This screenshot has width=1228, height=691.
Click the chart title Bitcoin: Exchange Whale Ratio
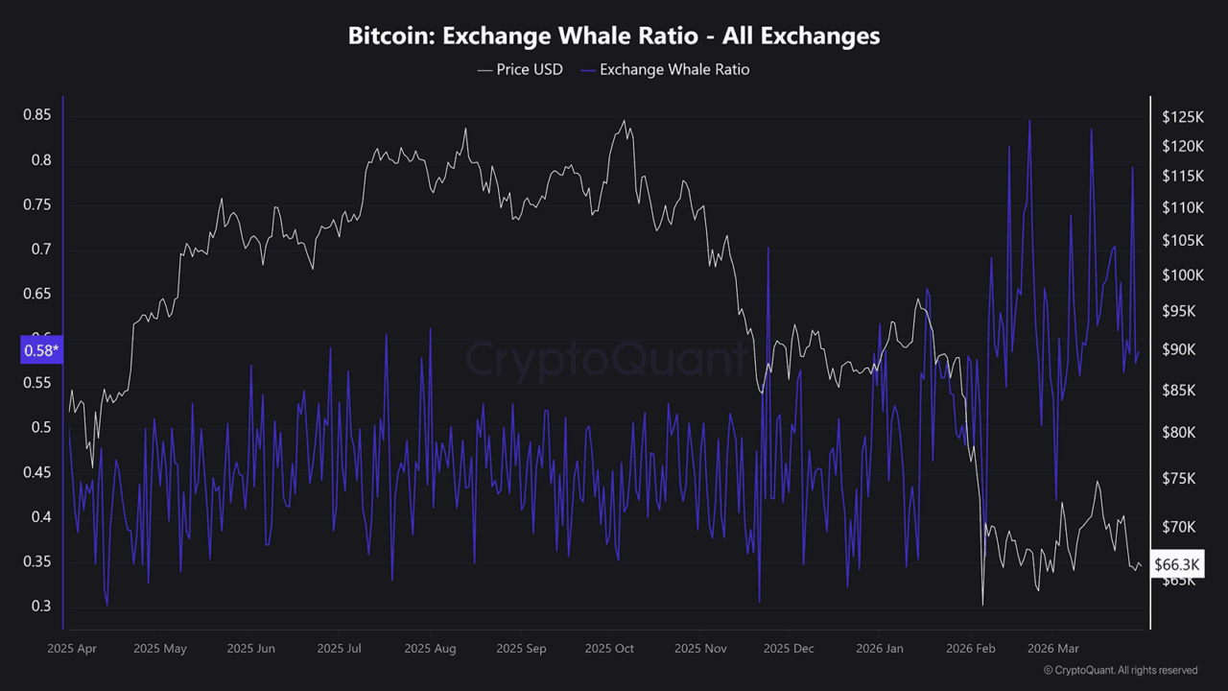[614, 36]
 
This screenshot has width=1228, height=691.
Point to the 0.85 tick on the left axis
[36, 115]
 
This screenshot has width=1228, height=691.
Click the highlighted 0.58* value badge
[39, 350]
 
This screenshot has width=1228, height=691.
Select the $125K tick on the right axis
[1182, 117]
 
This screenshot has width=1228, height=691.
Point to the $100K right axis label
[1182, 275]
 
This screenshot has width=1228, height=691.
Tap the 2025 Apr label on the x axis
[72, 649]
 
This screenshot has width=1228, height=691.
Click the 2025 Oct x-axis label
[609, 649]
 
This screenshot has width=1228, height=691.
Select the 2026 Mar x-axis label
[1052, 649]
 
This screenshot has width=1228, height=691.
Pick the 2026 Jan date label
[880, 649]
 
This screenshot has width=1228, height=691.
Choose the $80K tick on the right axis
[1179, 433]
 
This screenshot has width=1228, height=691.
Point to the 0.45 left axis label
[36, 472]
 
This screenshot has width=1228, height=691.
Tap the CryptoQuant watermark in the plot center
[606, 360]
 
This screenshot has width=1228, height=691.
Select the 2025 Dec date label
[789, 649]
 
